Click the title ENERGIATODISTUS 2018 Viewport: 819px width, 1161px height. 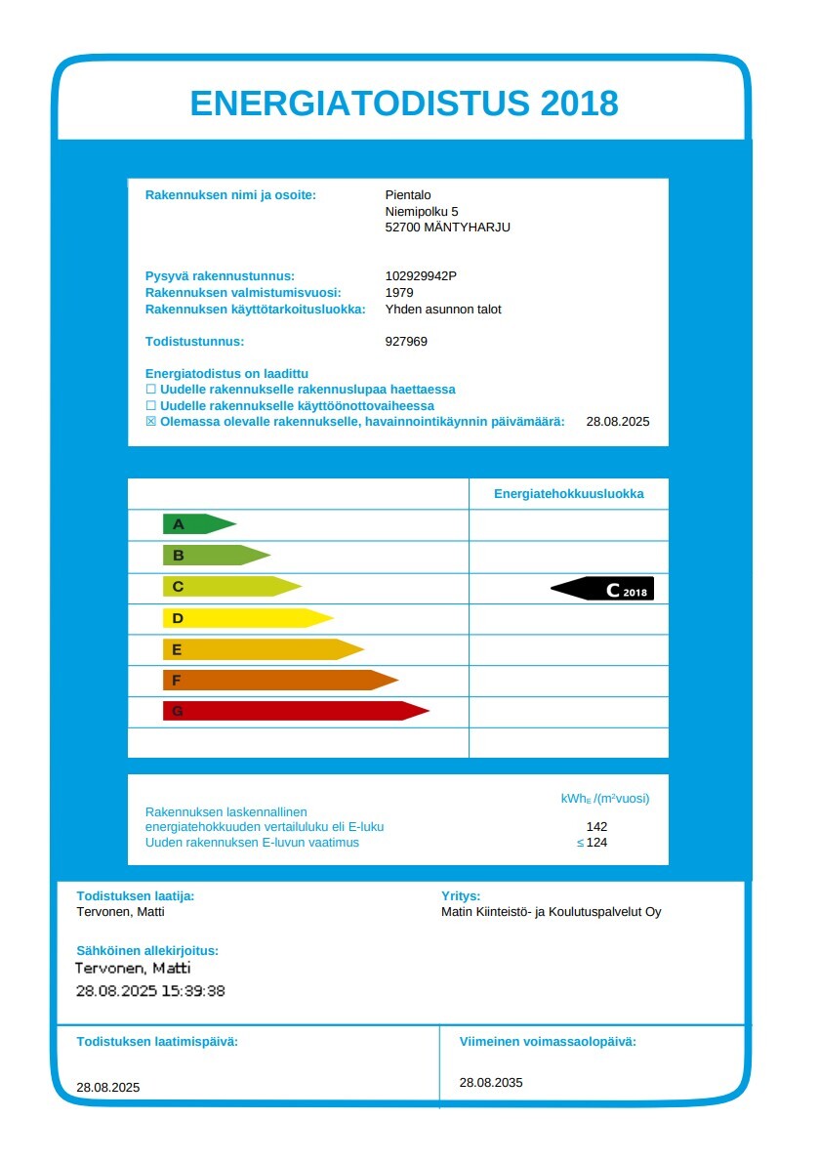pyautogui.click(x=404, y=103)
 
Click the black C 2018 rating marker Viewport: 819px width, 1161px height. pyautogui.click(x=603, y=589)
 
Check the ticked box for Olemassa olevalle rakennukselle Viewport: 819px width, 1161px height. pyautogui.click(x=150, y=422)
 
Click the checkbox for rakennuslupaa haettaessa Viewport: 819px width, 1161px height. pyautogui.click(x=150, y=390)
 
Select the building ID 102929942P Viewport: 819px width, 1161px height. pyautogui.click(x=421, y=276)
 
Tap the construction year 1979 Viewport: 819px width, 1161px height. pyautogui.click(x=399, y=293)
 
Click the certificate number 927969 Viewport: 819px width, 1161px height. pyautogui.click(x=406, y=342)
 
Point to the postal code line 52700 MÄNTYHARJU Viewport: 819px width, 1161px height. pyautogui.click(x=447, y=228)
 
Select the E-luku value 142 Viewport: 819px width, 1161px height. pyautogui.click(x=596, y=827)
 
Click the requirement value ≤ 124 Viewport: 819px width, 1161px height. pyautogui.click(x=593, y=843)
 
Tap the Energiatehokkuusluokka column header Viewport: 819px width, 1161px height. pyautogui.click(x=568, y=494)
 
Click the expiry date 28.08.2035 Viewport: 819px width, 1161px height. pyautogui.click(x=491, y=1082)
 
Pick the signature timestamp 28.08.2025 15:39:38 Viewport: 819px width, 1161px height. pyautogui.click(x=150, y=990)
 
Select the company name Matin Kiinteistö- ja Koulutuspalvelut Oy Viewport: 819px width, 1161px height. pyautogui.click(x=551, y=912)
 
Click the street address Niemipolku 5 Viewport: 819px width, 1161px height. pyautogui.click(x=422, y=211)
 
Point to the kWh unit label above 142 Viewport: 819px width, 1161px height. pyautogui.click(x=604, y=799)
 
